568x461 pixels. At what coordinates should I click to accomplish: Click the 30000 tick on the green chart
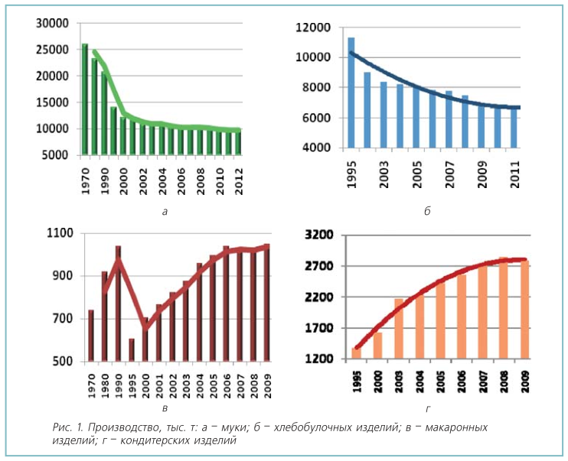[x=54, y=23]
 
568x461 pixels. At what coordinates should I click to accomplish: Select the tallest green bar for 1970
[x=85, y=99]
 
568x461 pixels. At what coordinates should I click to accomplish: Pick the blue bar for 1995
[x=351, y=92]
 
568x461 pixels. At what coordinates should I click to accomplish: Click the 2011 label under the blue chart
[x=515, y=178]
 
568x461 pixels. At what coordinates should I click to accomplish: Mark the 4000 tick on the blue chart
[x=316, y=148]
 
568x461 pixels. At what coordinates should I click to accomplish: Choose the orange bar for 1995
[x=356, y=353]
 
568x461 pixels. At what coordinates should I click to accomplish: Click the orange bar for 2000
[x=377, y=346]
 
